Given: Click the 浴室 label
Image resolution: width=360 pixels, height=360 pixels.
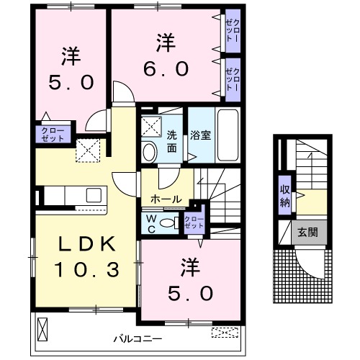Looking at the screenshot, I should [199, 134].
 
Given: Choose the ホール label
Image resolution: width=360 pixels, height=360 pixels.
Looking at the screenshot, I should [166, 198].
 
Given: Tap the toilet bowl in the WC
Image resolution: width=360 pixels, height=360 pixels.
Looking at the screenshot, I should [170, 223].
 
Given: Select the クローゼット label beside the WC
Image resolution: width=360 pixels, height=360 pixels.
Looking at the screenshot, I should [193, 222].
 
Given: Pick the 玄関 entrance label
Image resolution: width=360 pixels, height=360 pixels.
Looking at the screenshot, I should [308, 233].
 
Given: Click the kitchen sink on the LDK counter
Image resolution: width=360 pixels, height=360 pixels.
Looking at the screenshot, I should [94, 194].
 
